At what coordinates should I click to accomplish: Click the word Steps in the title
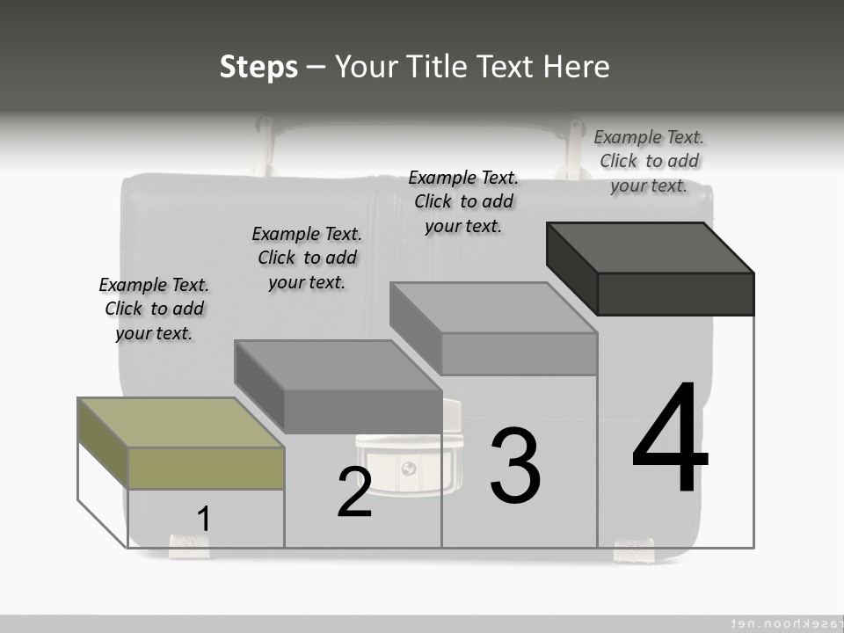[258, 67]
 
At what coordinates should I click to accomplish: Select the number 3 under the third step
[514, 466]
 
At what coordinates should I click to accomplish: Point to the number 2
[354, 492]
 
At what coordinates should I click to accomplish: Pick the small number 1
[203, 519]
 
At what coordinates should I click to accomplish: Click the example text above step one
[154, 309]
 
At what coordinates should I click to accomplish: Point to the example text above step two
[307, 258]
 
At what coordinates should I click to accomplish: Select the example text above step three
[463, 201]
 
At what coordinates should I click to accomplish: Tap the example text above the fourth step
[649, 161]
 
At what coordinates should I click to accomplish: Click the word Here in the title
[577, 67]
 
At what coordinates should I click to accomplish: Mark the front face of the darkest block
[675, 294]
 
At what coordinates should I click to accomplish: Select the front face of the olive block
[206, 468]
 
